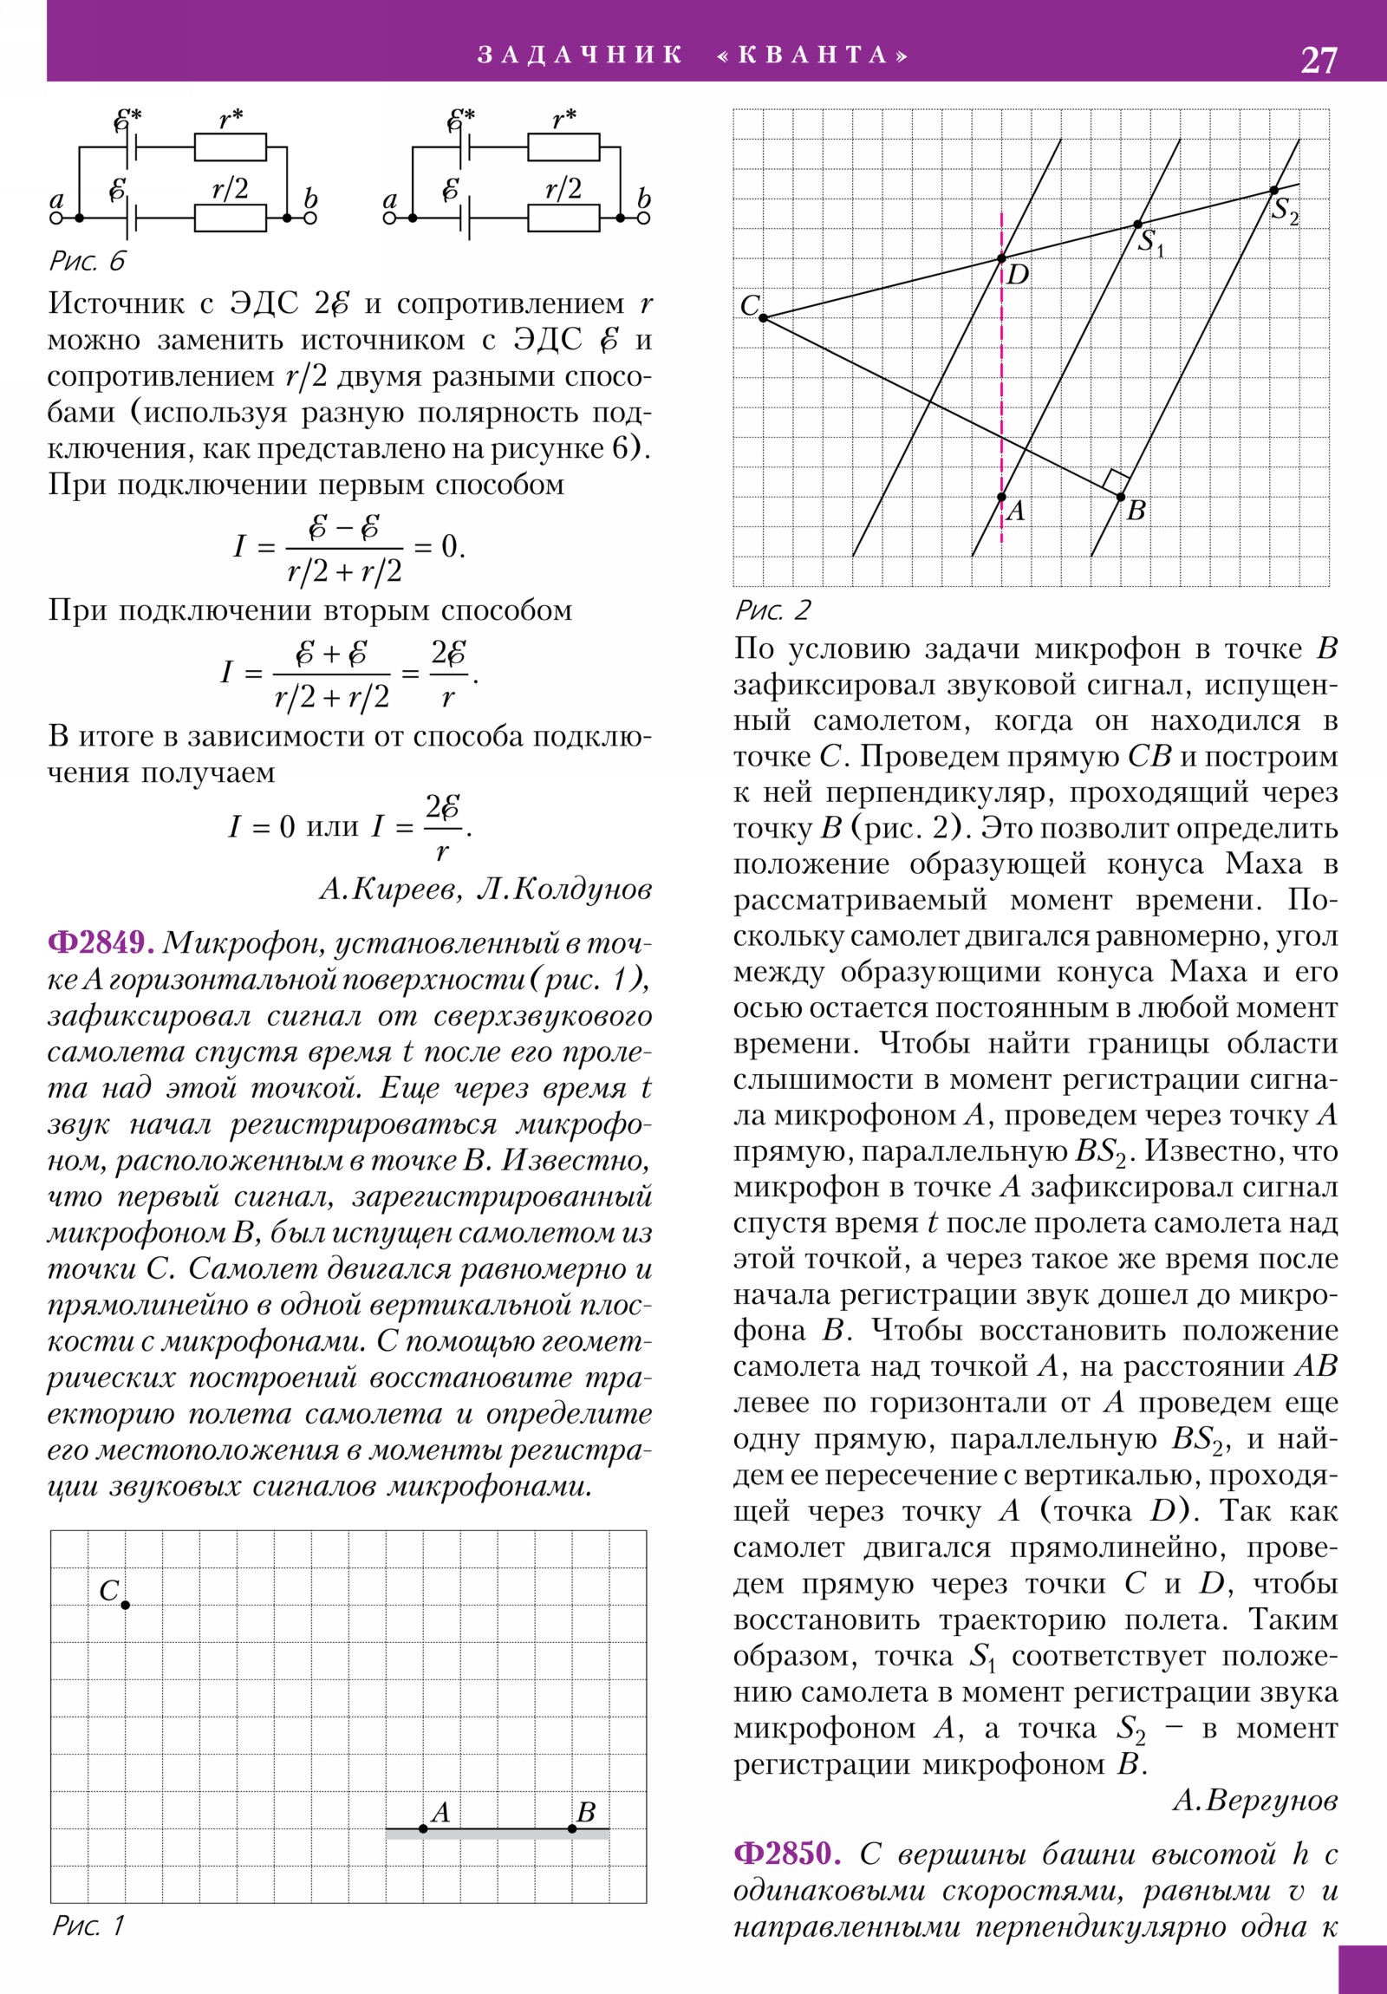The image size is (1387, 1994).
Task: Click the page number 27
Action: pyautogui.click(x=1318, y=60)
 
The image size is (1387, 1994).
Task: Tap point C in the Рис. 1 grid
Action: pyautogui.click(x=125, y=1605)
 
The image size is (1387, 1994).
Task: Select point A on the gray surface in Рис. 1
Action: pyautogui.click(x=423, y=1829)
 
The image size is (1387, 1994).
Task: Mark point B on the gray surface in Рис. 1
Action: pyautogui.click(x=572, y=1829)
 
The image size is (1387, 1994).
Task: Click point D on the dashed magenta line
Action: pyautogui.click(x=1001, y=259)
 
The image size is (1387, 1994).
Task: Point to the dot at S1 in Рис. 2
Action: pyautogui.click(x=1137, y=225)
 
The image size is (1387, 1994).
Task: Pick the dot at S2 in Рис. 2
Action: pyautogui.click(x=1273, y=190)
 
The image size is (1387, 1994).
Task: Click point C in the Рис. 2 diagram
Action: pyautogui.click(x=764, y=318)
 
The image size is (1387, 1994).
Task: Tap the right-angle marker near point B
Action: pyautogui.click(x=1115, y=481)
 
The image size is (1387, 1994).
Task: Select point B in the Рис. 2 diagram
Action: pyautogui.click(x=1120, y=497)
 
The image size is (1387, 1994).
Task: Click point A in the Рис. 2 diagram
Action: pyautogui.click(x=1001, y=497)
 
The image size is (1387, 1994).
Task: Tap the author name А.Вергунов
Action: pyautogui.click(x=1254, y=1801)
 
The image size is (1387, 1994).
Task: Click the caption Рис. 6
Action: pyautogui.click(x=88, y=261)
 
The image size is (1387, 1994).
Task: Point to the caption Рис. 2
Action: pyautogui.click(x=772, y=609)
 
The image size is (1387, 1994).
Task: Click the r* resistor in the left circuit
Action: pyautogui.click(x=230, y=147)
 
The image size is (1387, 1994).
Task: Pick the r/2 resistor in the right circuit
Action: pyautogui.click(x=563, y=218)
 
